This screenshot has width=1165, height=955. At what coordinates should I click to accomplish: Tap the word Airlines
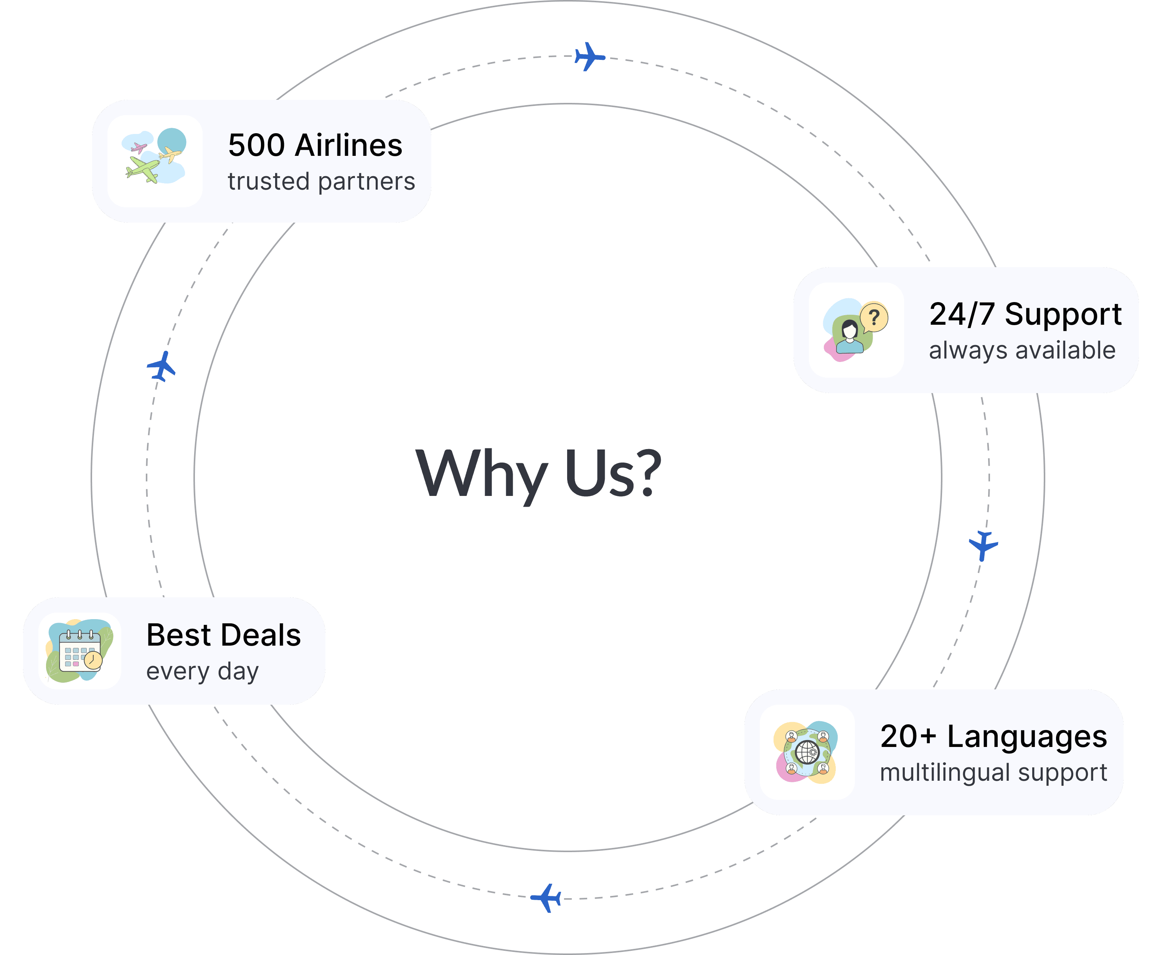[348, 146]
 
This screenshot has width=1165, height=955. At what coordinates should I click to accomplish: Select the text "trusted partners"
[321, 182]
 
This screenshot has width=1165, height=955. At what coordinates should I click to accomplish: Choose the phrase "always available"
[1022, 350]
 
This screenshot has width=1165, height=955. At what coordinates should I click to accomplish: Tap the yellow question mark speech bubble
[873, 317]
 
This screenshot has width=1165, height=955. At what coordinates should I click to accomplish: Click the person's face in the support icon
[850, 330]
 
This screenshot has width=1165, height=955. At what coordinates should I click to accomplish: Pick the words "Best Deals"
[223, 635]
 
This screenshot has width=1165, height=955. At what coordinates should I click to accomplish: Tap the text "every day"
[203, 672]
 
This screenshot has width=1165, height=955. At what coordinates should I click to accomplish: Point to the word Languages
[1026, 737]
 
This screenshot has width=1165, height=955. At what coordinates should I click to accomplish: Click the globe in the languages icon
[807, 752]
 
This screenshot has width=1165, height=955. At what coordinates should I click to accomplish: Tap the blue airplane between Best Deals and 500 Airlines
[162, 366]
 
